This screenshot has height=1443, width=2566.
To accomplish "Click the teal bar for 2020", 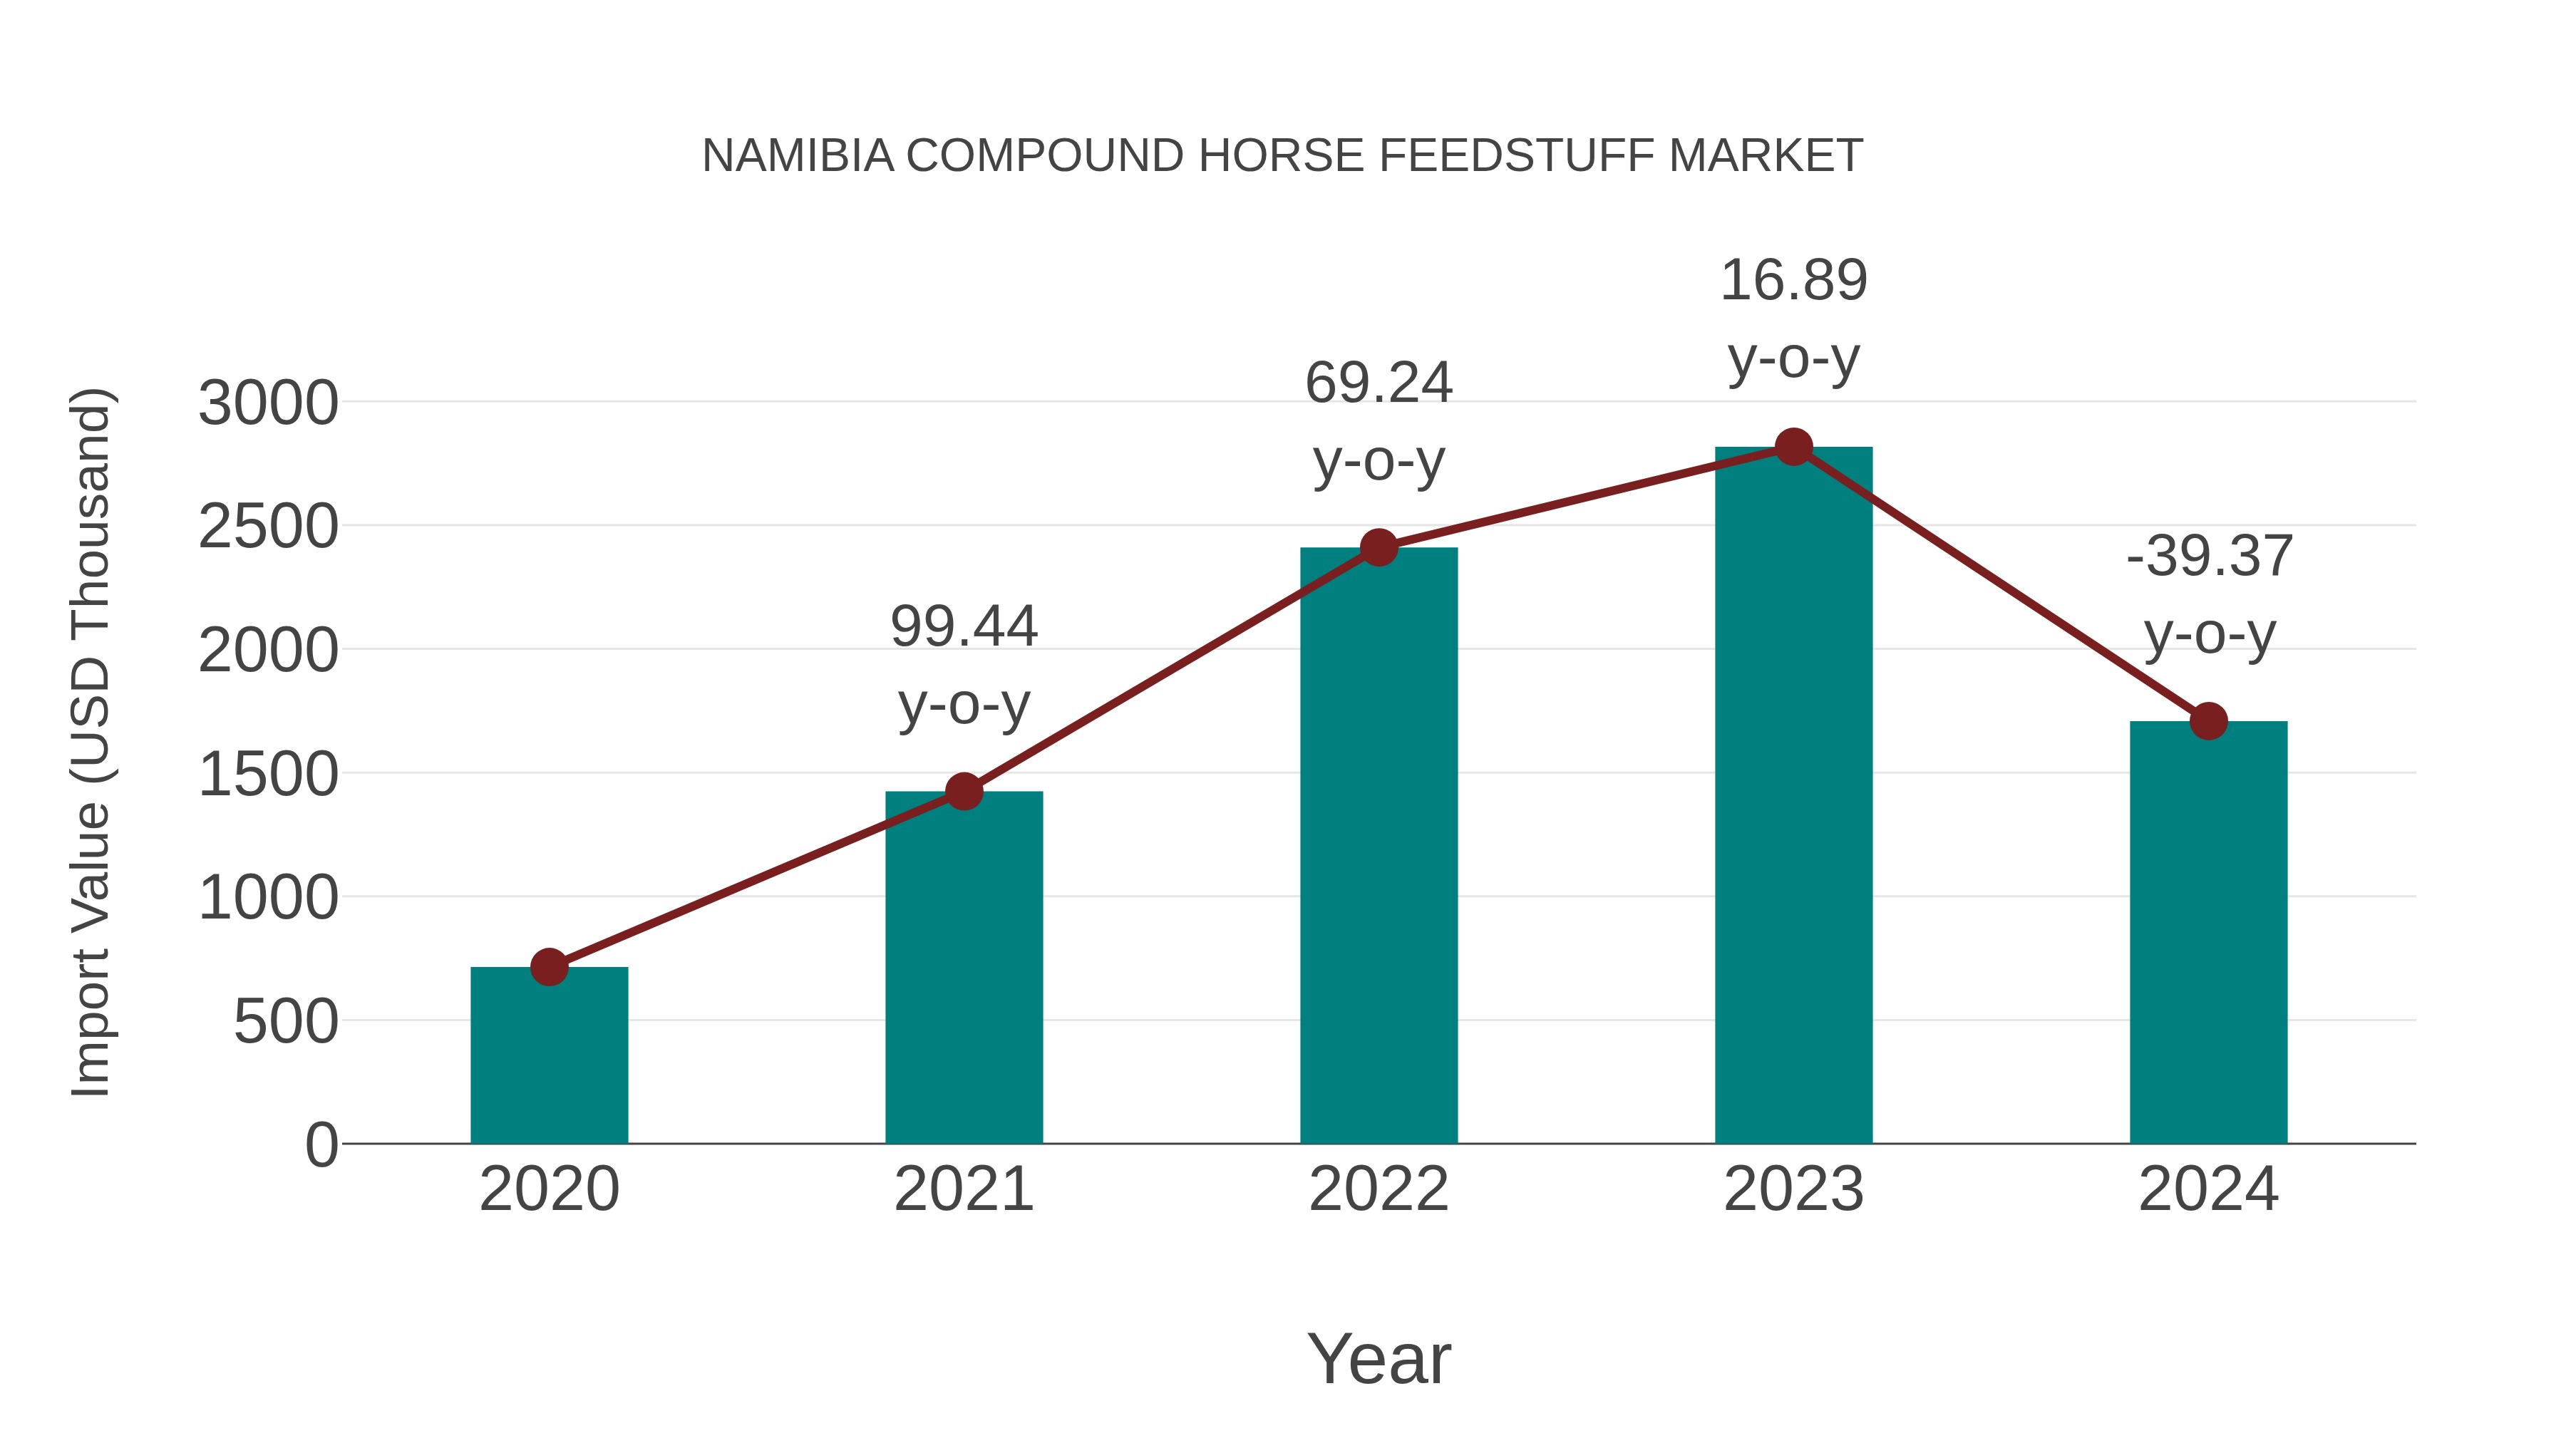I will [549, 1055].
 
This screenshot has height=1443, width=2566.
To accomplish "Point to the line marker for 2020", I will [549, 966].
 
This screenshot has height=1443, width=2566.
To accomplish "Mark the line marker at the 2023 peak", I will [1793, 447].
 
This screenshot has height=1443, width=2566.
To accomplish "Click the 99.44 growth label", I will [963, 627].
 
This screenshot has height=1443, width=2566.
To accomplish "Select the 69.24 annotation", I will [1379, 383].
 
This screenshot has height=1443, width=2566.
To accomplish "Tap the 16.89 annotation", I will [1793, 281].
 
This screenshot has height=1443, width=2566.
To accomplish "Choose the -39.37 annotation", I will [2208, 557].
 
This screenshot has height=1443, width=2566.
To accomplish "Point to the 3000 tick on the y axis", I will [268, 403].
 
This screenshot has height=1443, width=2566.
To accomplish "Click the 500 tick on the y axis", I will [286, 1022].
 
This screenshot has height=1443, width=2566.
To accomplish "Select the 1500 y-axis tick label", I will [268, 775].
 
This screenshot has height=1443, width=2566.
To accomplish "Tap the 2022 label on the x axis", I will [1379, 1189].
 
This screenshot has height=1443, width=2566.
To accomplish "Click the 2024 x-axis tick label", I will [2208, 1189].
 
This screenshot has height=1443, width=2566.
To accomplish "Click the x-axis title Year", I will [1379, 1358].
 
